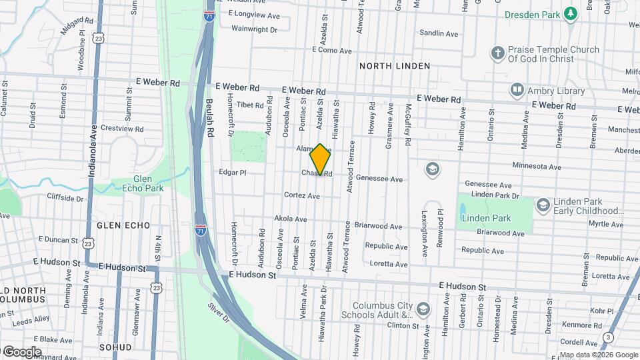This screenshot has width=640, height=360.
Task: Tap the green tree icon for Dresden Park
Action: point(570,13)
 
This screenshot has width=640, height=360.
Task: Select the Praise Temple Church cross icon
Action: point(497,53)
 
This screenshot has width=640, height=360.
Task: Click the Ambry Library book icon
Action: point(517,89)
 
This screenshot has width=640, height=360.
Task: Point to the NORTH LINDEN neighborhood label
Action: point(395,66)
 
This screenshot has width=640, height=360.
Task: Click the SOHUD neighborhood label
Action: point(115,348)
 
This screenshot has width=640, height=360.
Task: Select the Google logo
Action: point(22,351)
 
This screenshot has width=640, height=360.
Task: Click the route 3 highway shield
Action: point(607,337)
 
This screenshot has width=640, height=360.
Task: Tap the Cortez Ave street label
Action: point(302,196)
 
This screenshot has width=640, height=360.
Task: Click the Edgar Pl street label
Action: point(233,172)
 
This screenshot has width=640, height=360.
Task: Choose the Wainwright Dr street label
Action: point(254,29)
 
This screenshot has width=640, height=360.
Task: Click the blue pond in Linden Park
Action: point(463,212)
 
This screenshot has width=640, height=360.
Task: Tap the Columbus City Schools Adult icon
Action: point(425,309)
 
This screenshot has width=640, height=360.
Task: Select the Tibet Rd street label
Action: point(251,105)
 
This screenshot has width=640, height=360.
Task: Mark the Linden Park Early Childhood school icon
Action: point(542,205)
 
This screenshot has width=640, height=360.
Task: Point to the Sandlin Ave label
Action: point(439,33)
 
